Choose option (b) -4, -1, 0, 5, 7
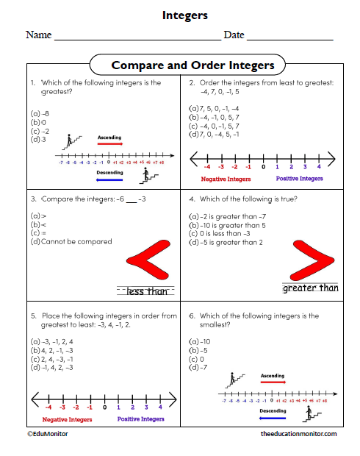tap(214, 117)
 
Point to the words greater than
tap(311, 288)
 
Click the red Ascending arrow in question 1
tap(109, 144)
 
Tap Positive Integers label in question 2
tap(300, 178)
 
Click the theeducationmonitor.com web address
tap(299, 435)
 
